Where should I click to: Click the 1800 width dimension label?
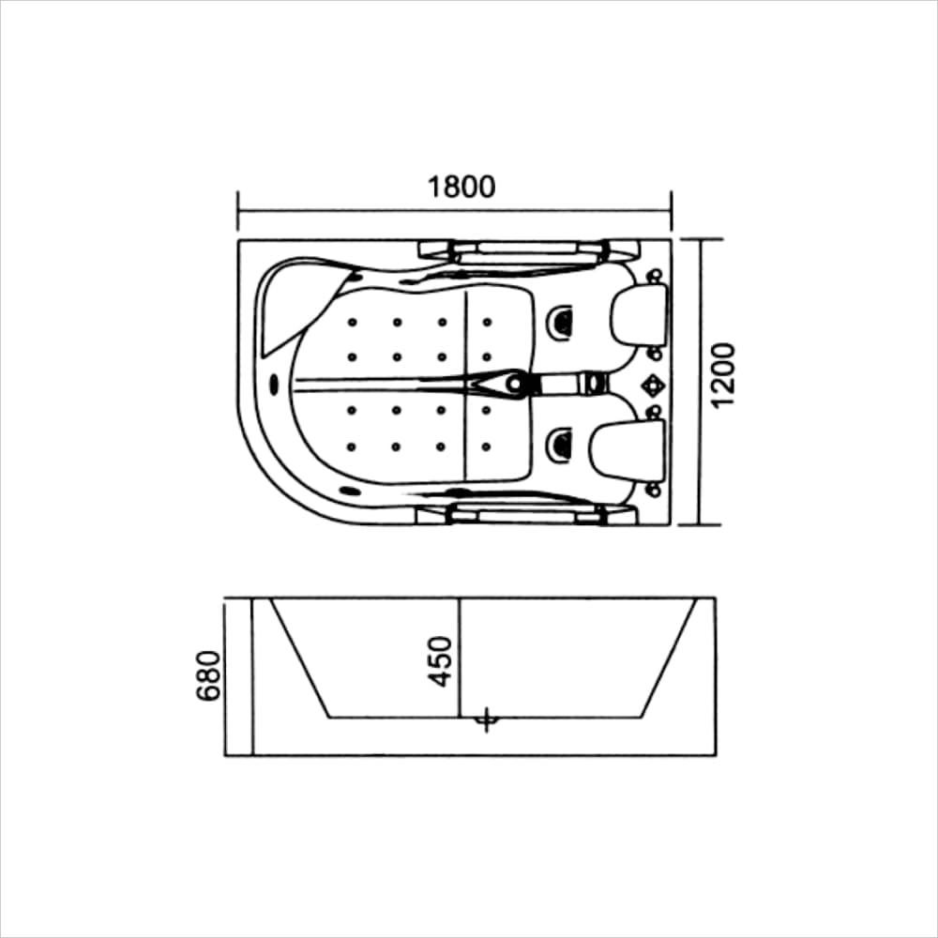coord(461,188)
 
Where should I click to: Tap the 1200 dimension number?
coord(723,375)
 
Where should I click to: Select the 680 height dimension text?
coord(208,675)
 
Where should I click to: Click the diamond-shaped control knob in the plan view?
coord(651,385)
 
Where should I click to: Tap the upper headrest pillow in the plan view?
coord(638,313)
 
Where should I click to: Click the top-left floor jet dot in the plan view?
coord(352,323)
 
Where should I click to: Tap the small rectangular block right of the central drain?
coord(592,383)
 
